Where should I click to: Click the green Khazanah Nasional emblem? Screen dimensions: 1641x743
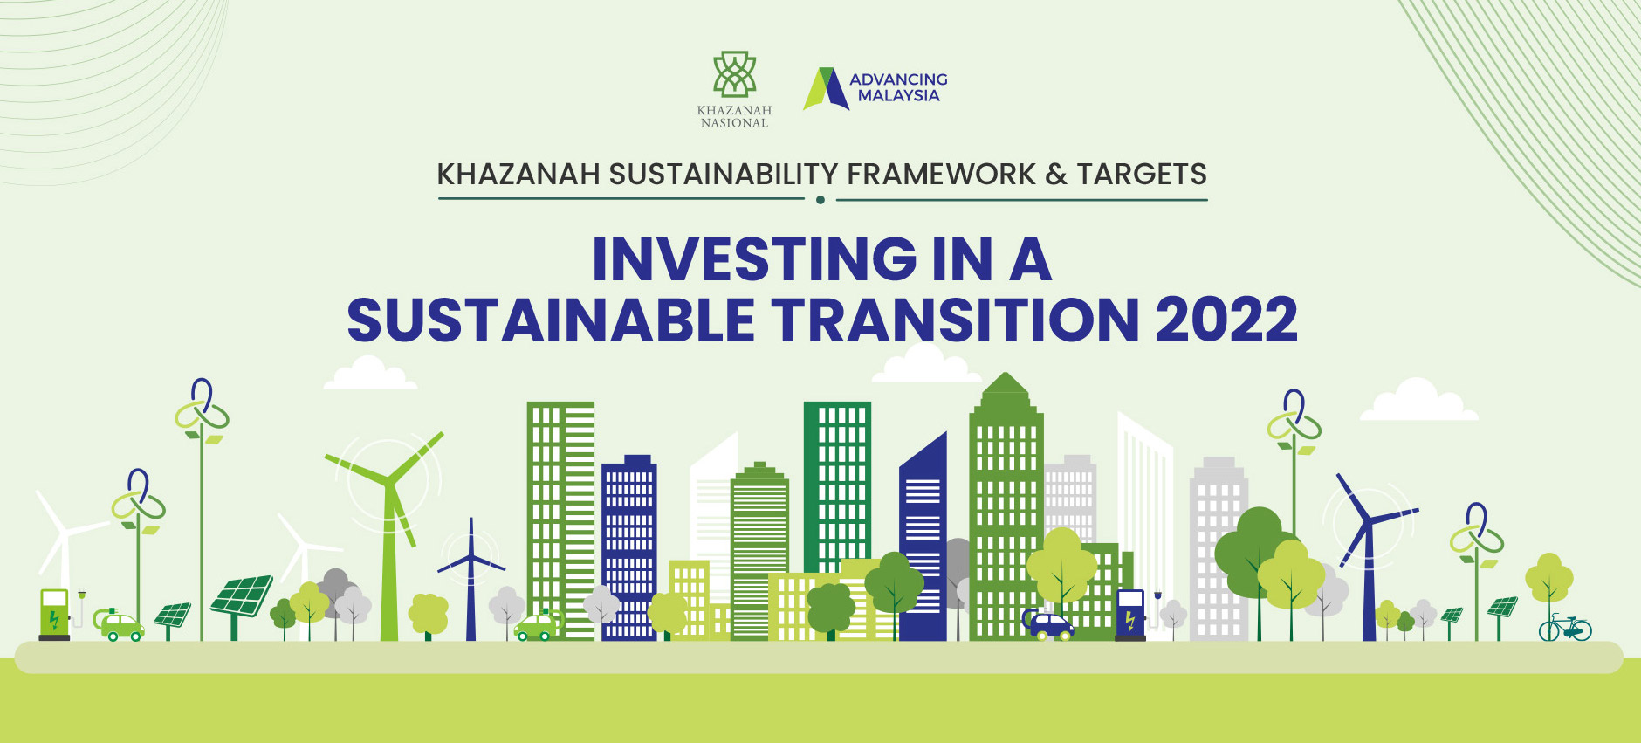point(735,74)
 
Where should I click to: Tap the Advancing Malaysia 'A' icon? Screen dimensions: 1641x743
point(825,89)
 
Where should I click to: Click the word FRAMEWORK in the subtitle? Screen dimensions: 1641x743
point(941,175)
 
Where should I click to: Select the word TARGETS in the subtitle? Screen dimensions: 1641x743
point(1142,175)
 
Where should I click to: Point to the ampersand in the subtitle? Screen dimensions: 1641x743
point(1056,175)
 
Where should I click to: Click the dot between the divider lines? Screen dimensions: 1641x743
point(820,200)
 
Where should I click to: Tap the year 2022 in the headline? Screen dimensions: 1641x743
point(1226,320)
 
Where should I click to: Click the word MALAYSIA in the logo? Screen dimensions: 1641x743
point(898,96)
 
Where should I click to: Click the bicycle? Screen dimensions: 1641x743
point(1565,627)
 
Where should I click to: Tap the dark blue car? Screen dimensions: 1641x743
point(1048,624)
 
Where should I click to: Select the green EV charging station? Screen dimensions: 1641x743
point(54,614)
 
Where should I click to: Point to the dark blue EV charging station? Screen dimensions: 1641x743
point(1130,615)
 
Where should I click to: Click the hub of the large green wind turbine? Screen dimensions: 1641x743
point(388,482)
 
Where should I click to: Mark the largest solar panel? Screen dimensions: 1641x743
point(241,597)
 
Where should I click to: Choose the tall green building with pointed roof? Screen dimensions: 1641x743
point(1006,506)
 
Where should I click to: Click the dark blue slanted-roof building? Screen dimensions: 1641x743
point(923,537)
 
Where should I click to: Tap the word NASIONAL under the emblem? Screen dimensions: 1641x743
point(734,123)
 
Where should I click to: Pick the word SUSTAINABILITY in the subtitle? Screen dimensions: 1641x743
point(724,175)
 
